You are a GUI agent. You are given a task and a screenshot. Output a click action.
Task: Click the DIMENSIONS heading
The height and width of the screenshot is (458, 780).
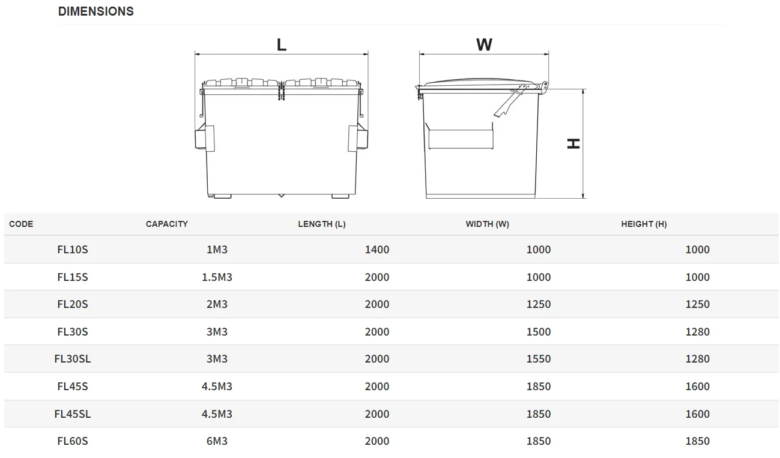pyautogui.click(x=95, y=11)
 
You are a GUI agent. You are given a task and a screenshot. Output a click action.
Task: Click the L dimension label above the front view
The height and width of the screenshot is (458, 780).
pyautogui.click(x=281, y=45)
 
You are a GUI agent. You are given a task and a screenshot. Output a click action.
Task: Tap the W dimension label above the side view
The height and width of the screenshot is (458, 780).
pyautogui.click(x=484, y=45)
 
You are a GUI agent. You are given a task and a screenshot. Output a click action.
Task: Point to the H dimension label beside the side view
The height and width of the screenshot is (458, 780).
pyautogui.click(x=573, y=143)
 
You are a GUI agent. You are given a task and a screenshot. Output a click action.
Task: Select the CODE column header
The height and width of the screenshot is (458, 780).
pyautogui.click(x=21, y=224)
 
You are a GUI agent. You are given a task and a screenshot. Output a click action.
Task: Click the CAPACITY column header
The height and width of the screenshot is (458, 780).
pyautogui.click(x=166, y=224)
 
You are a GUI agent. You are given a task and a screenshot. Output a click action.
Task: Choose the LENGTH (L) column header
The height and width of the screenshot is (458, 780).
pyautogui.click(x=321, y=224)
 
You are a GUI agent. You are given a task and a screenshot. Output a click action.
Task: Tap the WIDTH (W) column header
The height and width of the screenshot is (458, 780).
pyautogui.click(x=487, y=224)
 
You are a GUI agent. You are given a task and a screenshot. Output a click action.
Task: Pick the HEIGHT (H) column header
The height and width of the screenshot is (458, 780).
pyautogui.click(x=644, y=224)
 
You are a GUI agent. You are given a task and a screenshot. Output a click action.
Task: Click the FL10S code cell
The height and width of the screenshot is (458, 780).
pyautogui.click(x=73, y=250)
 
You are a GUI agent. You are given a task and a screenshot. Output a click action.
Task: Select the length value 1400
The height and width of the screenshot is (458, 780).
pyautogui.click(x=376, y=250)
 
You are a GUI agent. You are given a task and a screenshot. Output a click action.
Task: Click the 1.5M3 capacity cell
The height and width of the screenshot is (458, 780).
pyautogui.click(x=217, y=277)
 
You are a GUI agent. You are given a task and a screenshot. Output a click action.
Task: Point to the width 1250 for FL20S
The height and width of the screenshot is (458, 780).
pyautogui.click(x=538, y=304)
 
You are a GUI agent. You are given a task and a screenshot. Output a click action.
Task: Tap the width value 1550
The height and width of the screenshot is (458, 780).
pyautogui.click(x=538, y=359)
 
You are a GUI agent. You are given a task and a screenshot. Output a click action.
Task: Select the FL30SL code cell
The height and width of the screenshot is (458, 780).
pyautogui.click(x=73, y=359)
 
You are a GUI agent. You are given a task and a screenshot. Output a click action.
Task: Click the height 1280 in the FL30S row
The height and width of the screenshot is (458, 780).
pyautogui.click(x=697, y=332)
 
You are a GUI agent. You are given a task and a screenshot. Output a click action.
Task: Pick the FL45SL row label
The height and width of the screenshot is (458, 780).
pyautogui.click(x=73, y=414)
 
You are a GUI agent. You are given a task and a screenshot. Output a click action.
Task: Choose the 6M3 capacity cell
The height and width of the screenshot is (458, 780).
pyautogui.click(x=217, y=441)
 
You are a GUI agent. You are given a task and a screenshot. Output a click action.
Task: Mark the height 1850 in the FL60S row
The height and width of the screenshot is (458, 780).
pyautogui.click(x=697, y=441)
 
